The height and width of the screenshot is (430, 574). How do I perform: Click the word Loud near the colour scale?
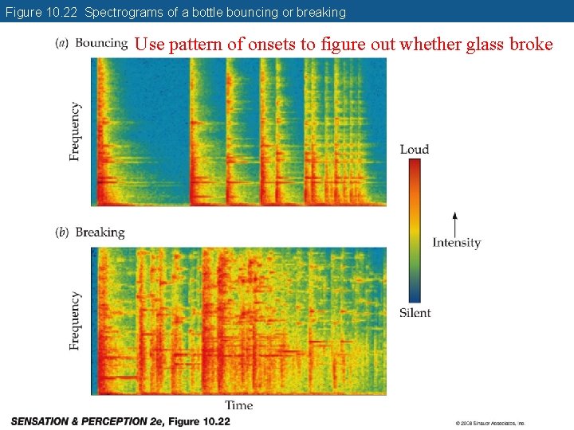click(x=414, y=149)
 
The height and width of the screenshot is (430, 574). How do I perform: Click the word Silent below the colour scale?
click(x=415, y=313)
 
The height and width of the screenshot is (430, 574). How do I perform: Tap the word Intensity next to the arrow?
click(x=456, y=243)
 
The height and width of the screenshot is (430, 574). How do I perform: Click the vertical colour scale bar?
click(x=414, y=231)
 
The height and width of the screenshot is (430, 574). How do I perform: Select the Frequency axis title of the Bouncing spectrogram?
click(x=75, y=131)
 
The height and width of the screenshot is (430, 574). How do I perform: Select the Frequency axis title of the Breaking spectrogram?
click(x=75, y=320)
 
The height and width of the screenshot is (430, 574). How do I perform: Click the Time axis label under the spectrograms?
click(x=238, y=405)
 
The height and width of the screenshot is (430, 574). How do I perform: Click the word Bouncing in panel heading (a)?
click(x=101, y=43)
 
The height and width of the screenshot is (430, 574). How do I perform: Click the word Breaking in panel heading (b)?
click(x=100, y=233)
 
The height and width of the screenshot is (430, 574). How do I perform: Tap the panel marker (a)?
click(x=61, y=43)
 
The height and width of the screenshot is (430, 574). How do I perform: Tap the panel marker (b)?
click(x=61, y=233)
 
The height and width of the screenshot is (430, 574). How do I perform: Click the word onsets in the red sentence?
click(x=272, y=45)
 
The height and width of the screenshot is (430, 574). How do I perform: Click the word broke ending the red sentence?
click(x=531, y=45)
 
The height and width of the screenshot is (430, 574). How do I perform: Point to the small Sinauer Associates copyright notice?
click(x=490, y=423)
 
